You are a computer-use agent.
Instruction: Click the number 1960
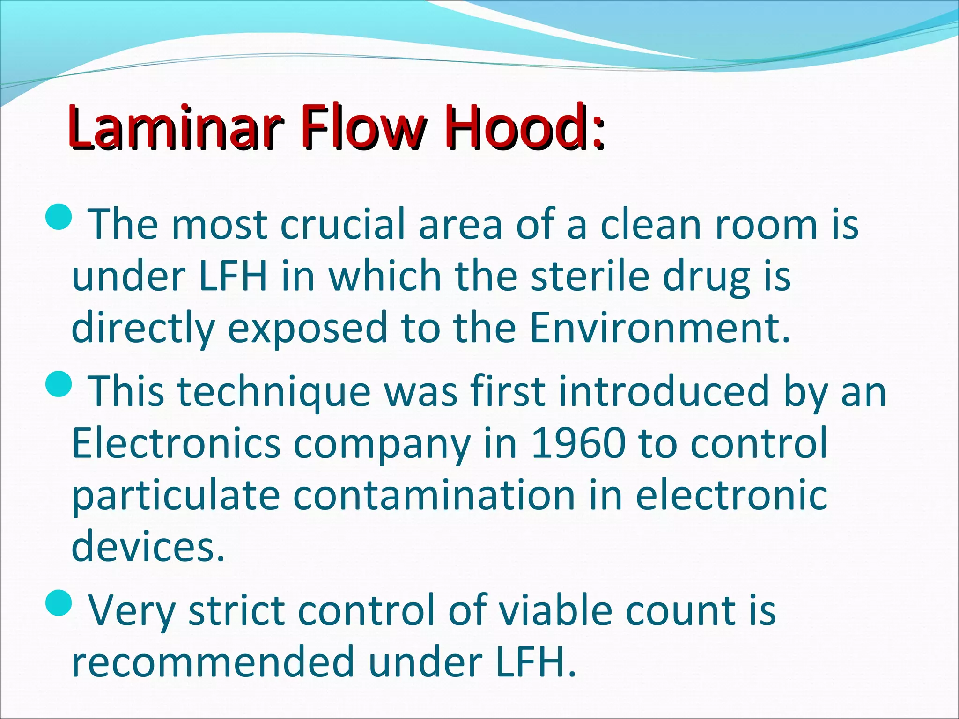578,443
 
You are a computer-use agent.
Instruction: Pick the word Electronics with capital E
176,443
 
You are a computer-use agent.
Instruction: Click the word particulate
176,495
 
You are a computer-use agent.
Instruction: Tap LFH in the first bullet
233,276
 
